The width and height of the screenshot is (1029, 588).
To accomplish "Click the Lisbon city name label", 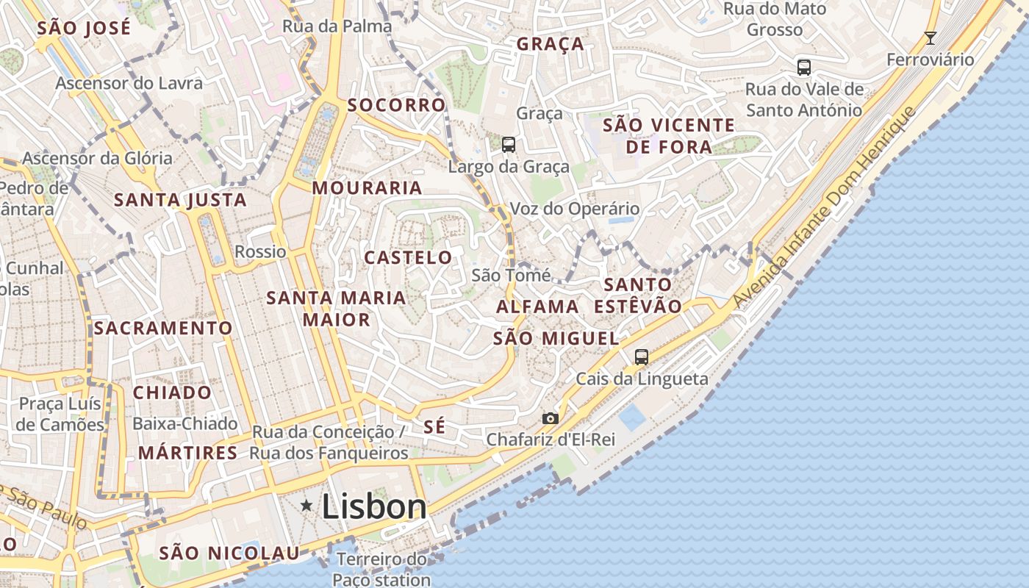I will point(374,507).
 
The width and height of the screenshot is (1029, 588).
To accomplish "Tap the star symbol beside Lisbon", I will point(306,505).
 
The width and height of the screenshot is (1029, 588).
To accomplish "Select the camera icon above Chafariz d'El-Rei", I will point(550,418).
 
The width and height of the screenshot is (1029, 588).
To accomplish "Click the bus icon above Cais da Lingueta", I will point(642,357).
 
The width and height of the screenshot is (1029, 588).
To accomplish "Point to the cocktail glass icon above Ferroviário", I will point(931,37).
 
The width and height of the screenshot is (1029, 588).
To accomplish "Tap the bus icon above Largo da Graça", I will point(509,144).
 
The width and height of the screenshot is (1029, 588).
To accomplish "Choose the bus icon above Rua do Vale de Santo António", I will point(804,68).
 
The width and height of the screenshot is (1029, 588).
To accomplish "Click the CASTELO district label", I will point(409,258).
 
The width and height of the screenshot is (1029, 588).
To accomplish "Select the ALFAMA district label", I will point(537,306).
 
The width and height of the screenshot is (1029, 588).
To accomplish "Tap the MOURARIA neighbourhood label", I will point(367,188).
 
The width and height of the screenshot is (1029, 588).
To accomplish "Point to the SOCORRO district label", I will point(397,105).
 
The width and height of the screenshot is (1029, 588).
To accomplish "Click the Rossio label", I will point(260,252).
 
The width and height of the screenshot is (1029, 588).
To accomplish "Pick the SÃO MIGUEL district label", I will point(556,339).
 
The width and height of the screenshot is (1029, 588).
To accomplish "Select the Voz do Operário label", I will point(575,209).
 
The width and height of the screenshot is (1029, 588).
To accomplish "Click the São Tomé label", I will point(511,276).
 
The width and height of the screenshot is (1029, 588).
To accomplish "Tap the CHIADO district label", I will point(172,392).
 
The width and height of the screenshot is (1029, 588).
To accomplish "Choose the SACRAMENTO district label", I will point(163,328).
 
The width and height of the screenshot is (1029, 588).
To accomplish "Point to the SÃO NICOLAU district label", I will point(229,553).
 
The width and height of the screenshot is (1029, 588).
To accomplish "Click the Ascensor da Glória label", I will point(98,158).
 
